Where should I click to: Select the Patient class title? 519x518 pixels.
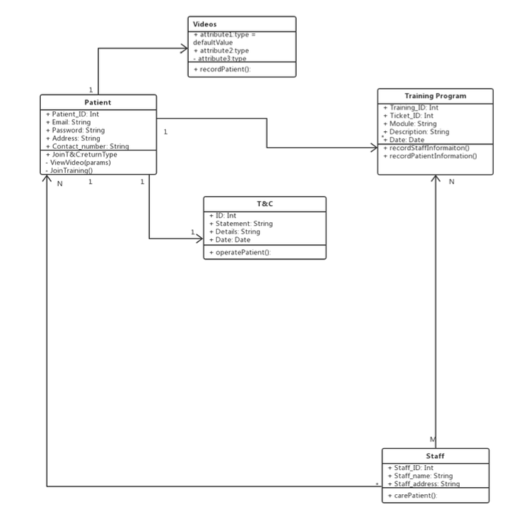pyautogui.click(x=97, y=103)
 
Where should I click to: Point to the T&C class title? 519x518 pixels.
pyautogui.click(x=265, y=204)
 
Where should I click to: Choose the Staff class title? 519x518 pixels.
pyautogui.click(x=435, y=456)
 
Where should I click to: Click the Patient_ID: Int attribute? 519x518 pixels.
pyautogui.click(x=73, y=114)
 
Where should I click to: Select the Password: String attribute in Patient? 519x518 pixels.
pyautogui.click(x=76, y=131)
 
